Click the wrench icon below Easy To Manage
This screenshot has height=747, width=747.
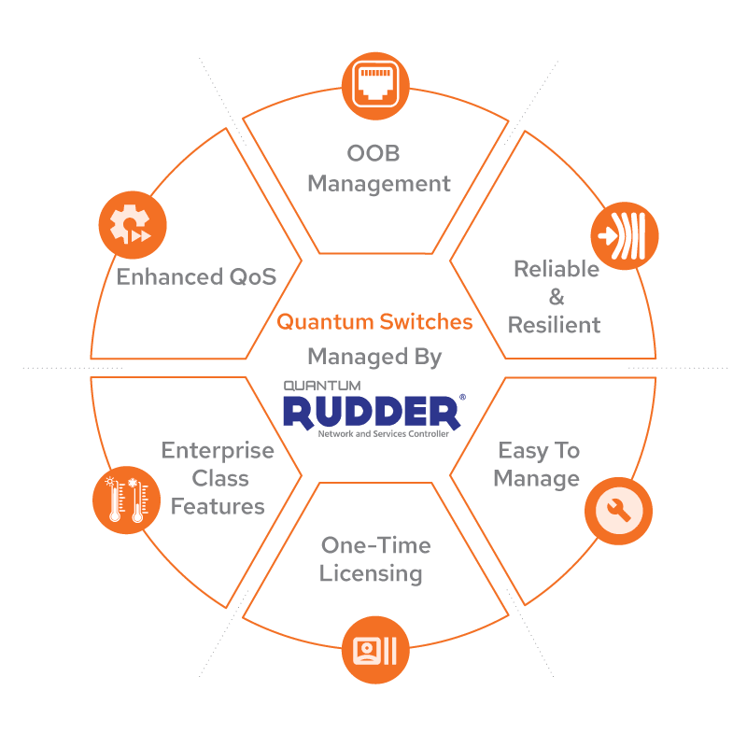pos(618,510)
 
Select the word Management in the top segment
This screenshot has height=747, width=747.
pos(378,184)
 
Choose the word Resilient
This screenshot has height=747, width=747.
pos(554,326)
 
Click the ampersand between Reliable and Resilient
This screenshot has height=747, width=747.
pos(556,298)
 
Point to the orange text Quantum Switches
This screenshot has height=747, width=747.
pos(374,322)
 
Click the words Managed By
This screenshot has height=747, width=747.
pos(374,356)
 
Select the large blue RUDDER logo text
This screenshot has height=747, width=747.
pos(371,412)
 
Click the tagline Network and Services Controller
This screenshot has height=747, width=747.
pos(383,435)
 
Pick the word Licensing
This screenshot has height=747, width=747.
pos(371,573)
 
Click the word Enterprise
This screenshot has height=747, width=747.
pos(218,451)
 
